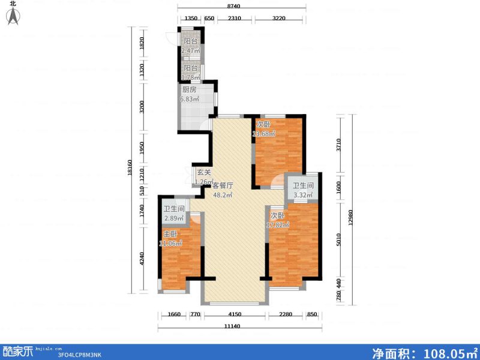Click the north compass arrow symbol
(x=13, y=16)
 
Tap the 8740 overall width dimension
(x=242, y=6)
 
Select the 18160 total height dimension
(x=129, y=167)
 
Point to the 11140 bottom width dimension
(x=240, y=326)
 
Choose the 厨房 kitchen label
(x=189, y=90)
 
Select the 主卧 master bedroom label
(x=170, y=234)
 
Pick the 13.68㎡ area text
(x=265, y=134)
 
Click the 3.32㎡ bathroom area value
(x=303, y=195)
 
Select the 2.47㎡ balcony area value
(x=191, y=51)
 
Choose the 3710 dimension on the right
(x=339, y=146)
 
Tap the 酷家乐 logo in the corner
(x=16, y=350)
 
